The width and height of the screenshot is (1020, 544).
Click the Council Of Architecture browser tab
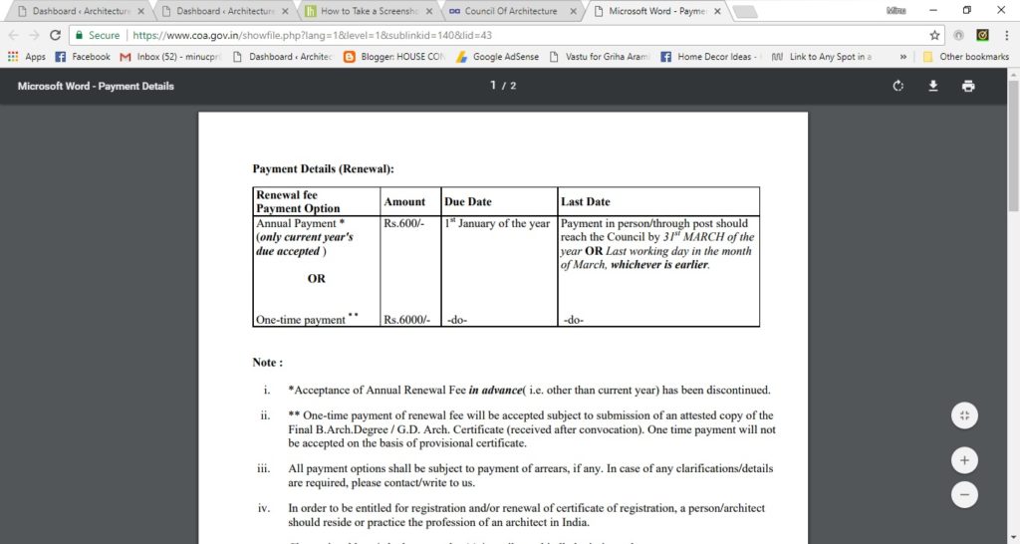click(x=509, y=11)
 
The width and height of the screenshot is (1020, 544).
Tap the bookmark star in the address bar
click(x=934, y=35)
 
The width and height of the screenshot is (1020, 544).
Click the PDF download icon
click(x=933, y=86)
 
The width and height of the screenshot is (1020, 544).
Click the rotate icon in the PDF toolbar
click(x=898, y=86)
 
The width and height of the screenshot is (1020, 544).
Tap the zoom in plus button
click(x=964, y=460)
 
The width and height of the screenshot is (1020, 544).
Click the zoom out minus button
click(x=964, y=493)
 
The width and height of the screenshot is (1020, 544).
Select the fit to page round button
click(x=964, y=415)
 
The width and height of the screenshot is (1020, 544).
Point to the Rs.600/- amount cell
click(x=403, y=224)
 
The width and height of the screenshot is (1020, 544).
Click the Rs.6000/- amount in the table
click(x=406, y=320)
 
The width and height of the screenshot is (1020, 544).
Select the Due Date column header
click(x=468, y=201)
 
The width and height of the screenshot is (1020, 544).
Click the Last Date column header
click(x=586, y=201)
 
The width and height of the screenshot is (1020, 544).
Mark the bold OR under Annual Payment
click(x=316, y=279)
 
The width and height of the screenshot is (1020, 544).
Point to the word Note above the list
click(x=267, y=363)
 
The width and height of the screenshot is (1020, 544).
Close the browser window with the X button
click(x=1001, y=10)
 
